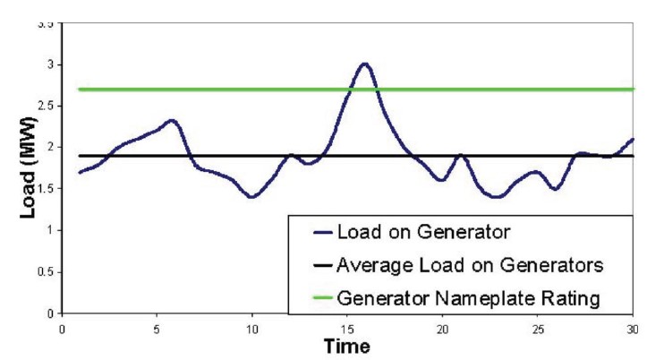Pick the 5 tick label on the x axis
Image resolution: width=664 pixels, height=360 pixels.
click(x=157, y=328)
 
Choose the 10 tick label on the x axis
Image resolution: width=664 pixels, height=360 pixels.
click(x=252, y=328)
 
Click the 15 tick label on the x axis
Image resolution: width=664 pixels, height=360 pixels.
click(x=347, y=328)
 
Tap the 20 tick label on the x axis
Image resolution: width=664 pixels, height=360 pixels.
click(x=443, y=328)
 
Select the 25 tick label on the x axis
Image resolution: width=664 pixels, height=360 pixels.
click(x=538, y=328)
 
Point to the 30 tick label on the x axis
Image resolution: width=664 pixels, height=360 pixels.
click(x=633, y=328)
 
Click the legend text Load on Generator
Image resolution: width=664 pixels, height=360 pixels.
click(x=423, y=233)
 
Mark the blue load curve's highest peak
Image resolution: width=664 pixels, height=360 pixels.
click(x=363, y=64)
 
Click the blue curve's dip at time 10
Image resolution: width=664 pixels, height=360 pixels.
click(x=252, y=197)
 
